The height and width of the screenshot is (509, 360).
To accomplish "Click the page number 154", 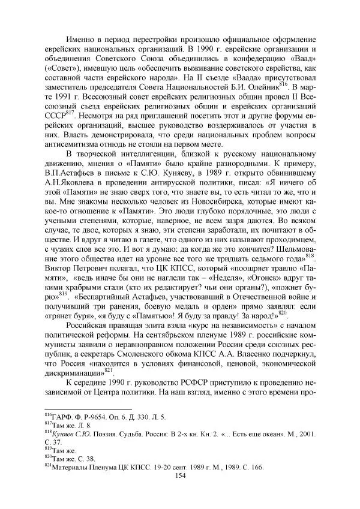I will click(180, 475).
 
